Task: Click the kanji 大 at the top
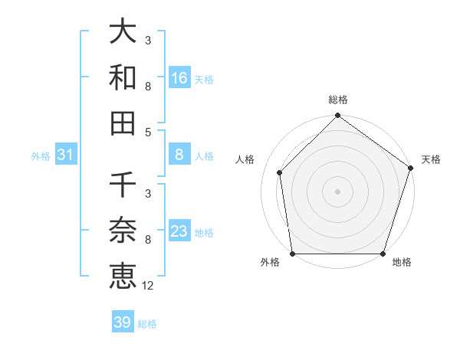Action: pos(123,32)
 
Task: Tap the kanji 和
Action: pos(123,78)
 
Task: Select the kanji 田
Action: pos(123,123)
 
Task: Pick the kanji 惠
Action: pos(123,276)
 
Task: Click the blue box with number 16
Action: pos(179,78)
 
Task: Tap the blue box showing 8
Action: pos(179,155)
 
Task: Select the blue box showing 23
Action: pos(179,231)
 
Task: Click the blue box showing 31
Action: pos(66,155)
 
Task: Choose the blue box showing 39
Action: pos(122,322)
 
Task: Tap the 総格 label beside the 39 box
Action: pos(147,324)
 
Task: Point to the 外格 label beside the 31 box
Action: pos(41,155)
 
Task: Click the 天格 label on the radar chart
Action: pos(432,159)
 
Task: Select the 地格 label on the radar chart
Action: pos(402,263)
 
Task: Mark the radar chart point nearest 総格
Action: pos(337,116)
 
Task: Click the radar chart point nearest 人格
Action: pos(280,172)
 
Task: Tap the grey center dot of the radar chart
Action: pos(337,191)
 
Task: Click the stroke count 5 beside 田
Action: pos(147,132)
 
